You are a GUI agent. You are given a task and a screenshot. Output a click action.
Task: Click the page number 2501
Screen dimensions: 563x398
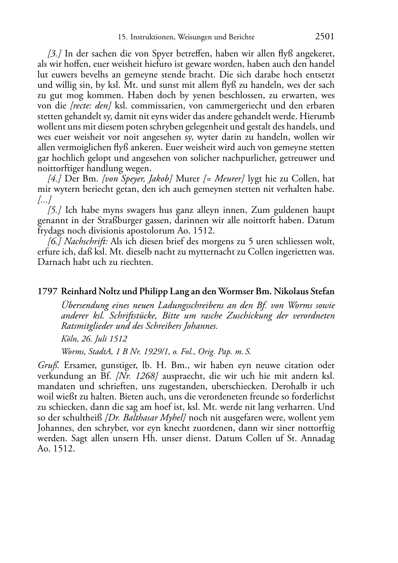click(x=325, y=37)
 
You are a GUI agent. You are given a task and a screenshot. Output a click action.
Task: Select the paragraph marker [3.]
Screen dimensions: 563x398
click(x=55, y=54)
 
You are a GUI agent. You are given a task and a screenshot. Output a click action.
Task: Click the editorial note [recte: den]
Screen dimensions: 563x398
click(x=91, y=106)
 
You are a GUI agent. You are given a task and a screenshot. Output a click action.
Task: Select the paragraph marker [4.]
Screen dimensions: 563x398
click(x=55, y=179)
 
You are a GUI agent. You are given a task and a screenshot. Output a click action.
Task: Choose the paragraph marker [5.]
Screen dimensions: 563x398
click(x=55, y=210)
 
